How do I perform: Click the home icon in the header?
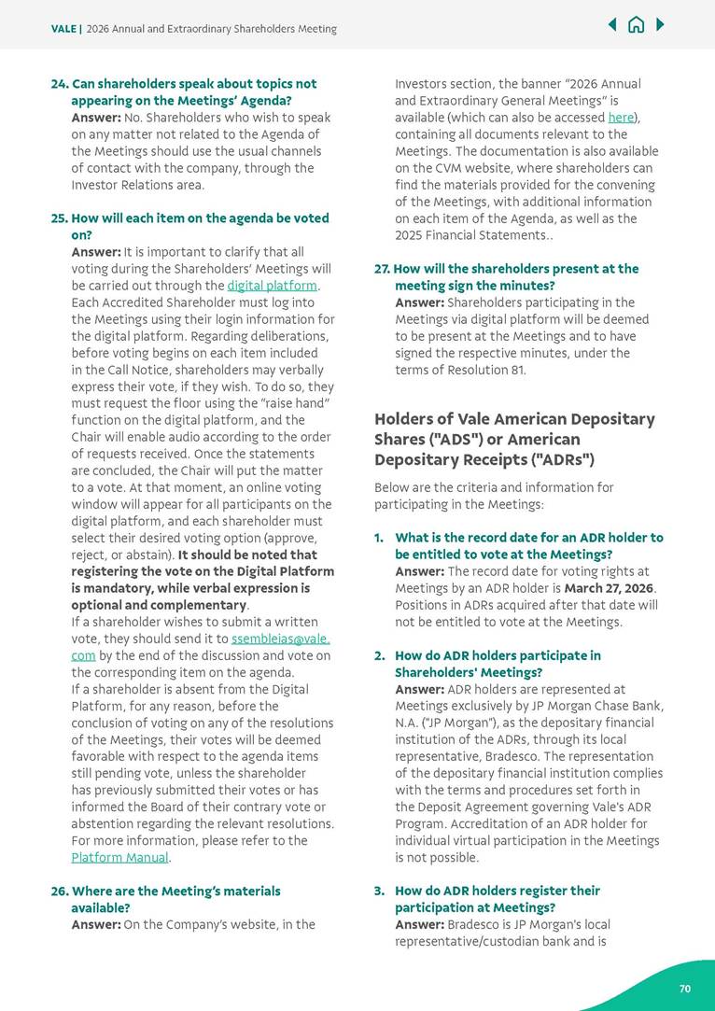pos(636,25)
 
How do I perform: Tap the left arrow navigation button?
pos(612,24)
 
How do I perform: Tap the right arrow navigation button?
pos(660,24)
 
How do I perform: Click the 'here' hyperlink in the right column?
pos(620,118)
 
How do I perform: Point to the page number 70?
pos(684,989)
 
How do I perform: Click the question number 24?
pos(59,84)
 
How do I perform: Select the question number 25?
pos(59,218)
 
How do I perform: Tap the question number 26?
pos(59,892)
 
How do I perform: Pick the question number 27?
pos(382,269)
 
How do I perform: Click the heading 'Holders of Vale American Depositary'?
pos(514,419)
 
